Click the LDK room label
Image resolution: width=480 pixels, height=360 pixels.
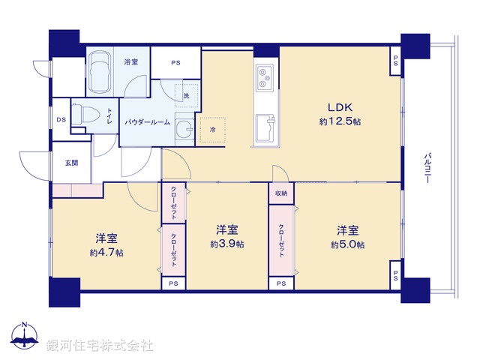coord(334,107)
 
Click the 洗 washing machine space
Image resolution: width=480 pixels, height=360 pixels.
coord(186,95)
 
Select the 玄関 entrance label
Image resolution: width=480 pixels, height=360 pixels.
coord(71,162)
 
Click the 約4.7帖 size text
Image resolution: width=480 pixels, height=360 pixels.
coord(106,253)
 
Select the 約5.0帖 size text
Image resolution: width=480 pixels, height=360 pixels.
coord(347,244)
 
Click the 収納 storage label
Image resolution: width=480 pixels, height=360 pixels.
coord(280,193)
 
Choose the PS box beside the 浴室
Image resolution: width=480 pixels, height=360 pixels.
coord(175,63)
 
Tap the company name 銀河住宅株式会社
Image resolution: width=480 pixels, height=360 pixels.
coord(100,346)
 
